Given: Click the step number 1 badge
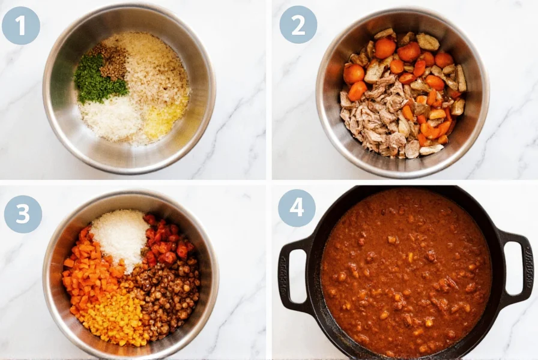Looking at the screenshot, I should pos(21,25).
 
